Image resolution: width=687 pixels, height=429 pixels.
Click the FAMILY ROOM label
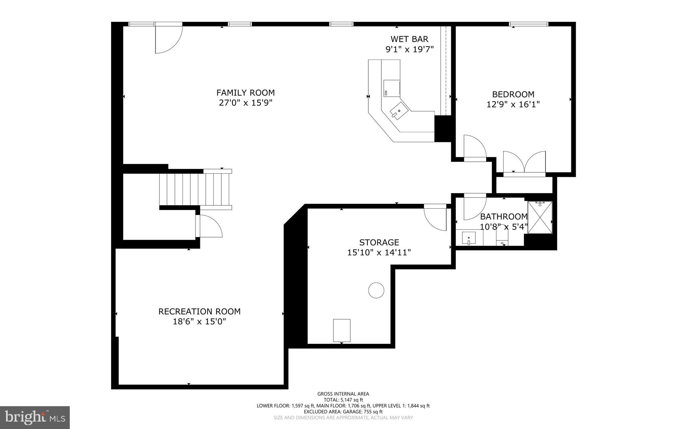[x=245, y=93]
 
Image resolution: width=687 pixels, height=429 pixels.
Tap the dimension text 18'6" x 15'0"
[x=199, y=322]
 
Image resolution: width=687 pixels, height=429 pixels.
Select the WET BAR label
[x=409, y=39]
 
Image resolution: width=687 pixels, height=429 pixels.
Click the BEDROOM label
[x=513, y=94]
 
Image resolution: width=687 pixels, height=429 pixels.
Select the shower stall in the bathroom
[x=539, y=217]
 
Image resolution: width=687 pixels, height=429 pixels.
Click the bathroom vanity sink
[x=469, y=238]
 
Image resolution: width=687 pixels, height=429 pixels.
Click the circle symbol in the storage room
[x=376, y=290]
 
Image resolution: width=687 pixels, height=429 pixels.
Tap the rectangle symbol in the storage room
[x=341, y=330]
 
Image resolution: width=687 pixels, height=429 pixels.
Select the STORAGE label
[x=379, y=242]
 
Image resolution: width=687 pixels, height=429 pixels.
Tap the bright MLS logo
[x=35, y=417]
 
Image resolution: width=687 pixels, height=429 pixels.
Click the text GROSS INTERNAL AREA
[x=343, y=394]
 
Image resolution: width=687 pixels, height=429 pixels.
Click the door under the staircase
[x=210, y=226]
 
